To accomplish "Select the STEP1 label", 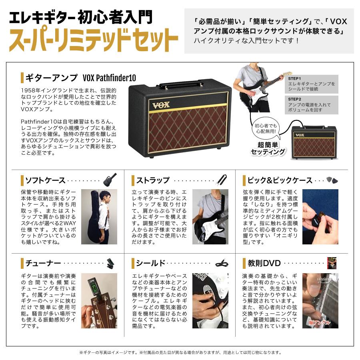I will [295, 78].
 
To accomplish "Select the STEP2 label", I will [295, 99].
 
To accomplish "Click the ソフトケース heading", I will [45, 180].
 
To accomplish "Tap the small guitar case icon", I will [110, 180].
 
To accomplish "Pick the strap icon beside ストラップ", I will [222, 180].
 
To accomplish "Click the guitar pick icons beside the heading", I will [332, 180].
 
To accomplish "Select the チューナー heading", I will [43, 263].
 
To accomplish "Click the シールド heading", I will [151, 263].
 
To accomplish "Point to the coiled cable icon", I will [222, 263].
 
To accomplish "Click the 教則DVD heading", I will [264, 263].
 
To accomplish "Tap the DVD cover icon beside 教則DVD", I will [332, 263].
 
